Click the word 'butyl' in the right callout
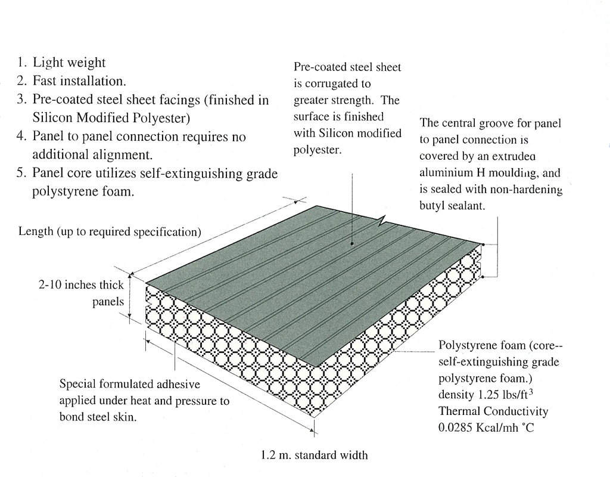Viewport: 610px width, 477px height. pyautogui.click(x=434, y=206)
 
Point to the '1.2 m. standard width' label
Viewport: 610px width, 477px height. pyautogui.click(x=314, y=456)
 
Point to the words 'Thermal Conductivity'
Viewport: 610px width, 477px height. pyautogui.click(x=493, y=411)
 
